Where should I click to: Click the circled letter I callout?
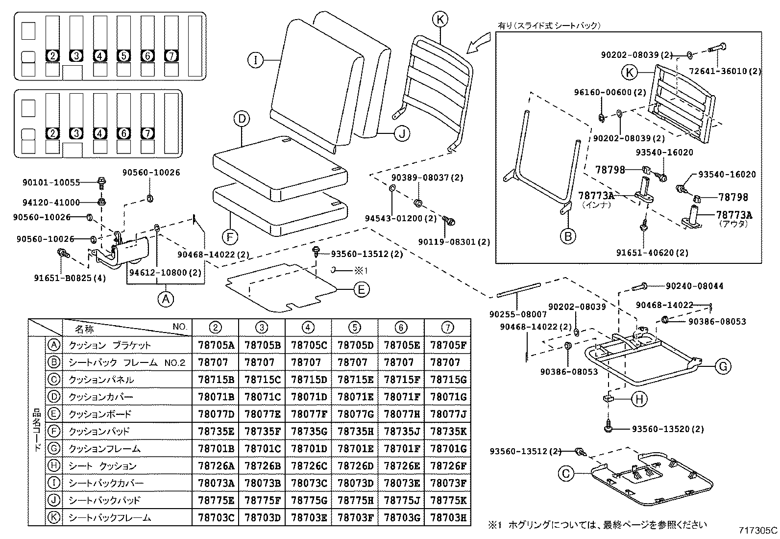255,61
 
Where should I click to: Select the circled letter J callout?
402,133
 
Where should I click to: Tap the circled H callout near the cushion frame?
639,400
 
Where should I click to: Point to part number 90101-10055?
51,182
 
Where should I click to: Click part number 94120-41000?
51,202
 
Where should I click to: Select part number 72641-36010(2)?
732,71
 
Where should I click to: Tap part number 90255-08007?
518,314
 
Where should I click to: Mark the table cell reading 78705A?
216,345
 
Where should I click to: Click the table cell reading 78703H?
448,517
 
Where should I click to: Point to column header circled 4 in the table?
308,327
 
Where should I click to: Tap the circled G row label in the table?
54,448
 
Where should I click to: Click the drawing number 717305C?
758,530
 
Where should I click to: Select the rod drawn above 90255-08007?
518,289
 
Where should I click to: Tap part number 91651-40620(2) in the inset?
652,253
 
